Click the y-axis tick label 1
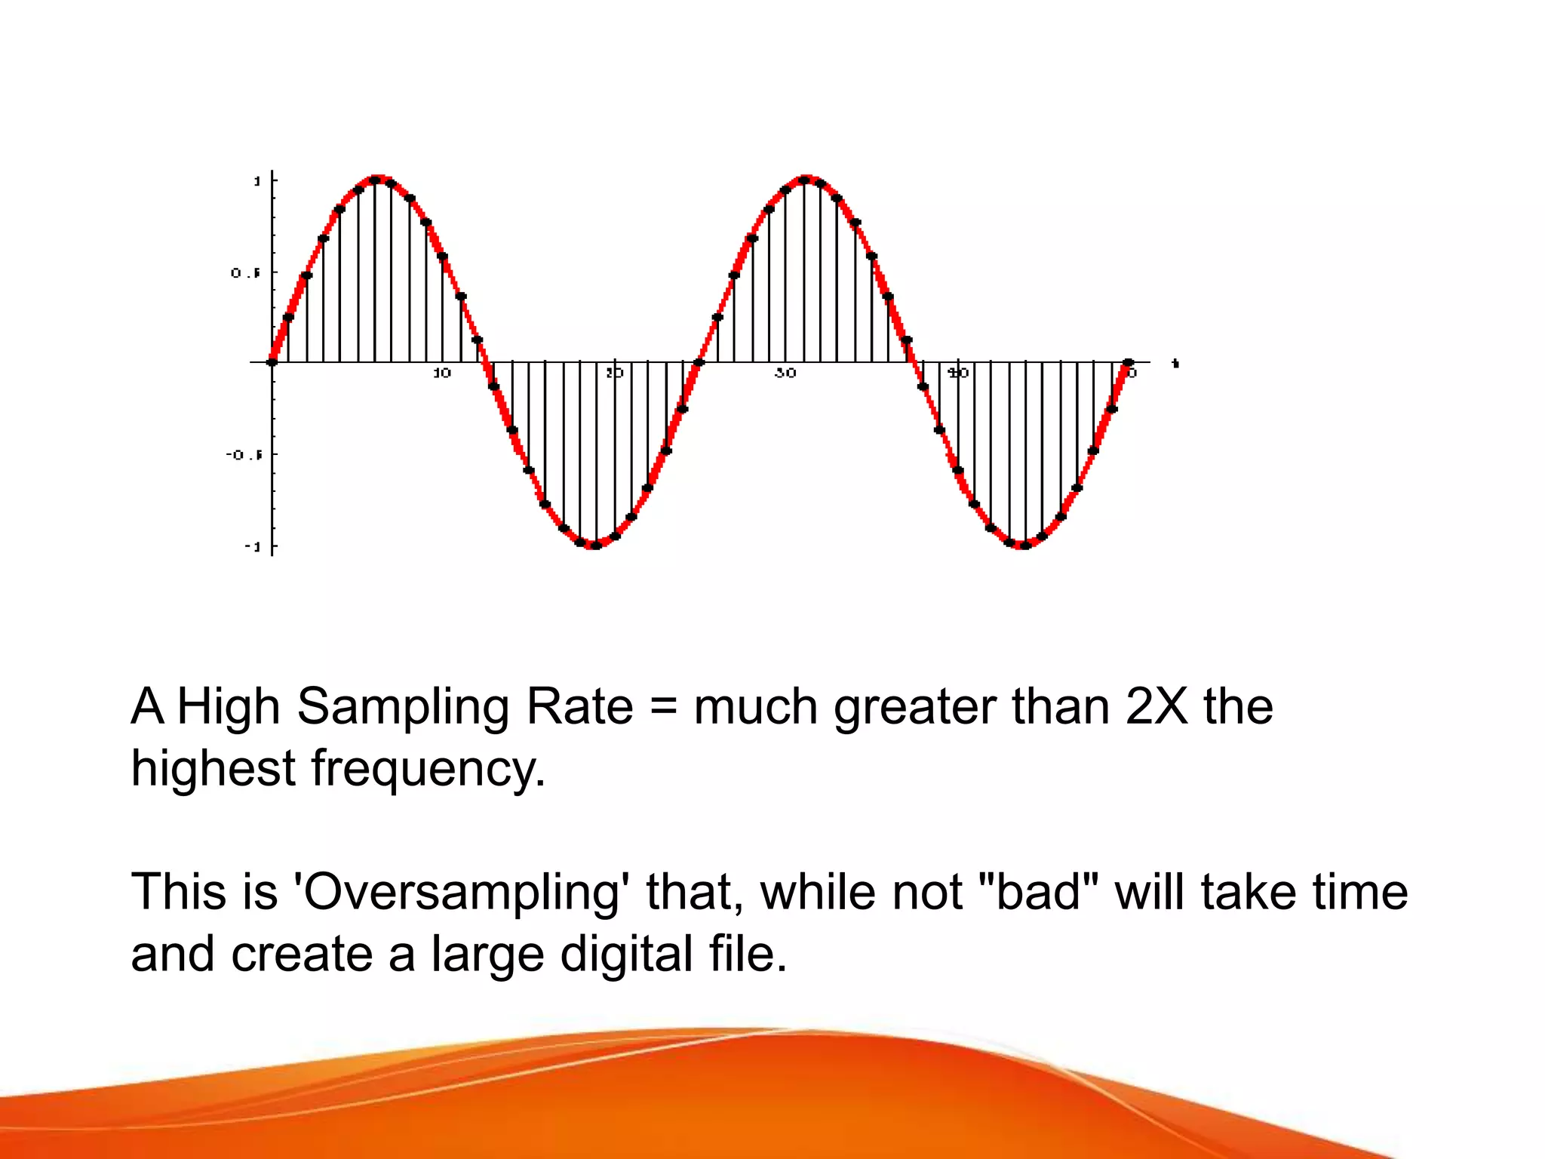click(x=257, y=181)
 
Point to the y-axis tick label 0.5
click(x=245, y=273)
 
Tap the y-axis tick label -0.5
click(x=244, y=455)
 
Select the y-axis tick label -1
click(x=252, y=546)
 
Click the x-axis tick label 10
click(x=442, y=373)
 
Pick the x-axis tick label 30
click(x=785, y=373)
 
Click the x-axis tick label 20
click(x=614, y=373)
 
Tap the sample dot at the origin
click(x=272, y=362)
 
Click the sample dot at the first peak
click(x=375, y=180)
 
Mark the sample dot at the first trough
click(x=596, y=545)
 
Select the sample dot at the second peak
click(x=804, y=180)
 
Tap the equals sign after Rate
click(x=663, y=707)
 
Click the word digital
click(x=627, y=955)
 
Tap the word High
click(x=229, y=707)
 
